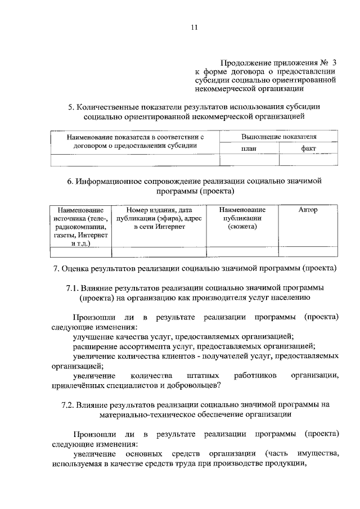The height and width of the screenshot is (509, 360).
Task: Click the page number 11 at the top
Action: point(193,28)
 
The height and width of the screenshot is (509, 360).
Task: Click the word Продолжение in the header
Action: point(241,63)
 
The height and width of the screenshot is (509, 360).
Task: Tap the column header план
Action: point(249,148)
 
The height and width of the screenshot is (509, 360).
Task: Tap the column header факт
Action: point(308,148)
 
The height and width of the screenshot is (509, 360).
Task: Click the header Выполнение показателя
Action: point(278,137)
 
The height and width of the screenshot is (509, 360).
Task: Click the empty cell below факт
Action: point(308,160)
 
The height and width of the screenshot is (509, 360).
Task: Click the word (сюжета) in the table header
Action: point(242,227)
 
